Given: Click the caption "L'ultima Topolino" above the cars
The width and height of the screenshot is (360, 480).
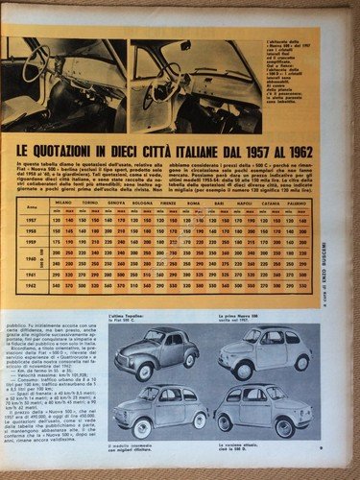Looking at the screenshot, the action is click(x=152, y=329).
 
